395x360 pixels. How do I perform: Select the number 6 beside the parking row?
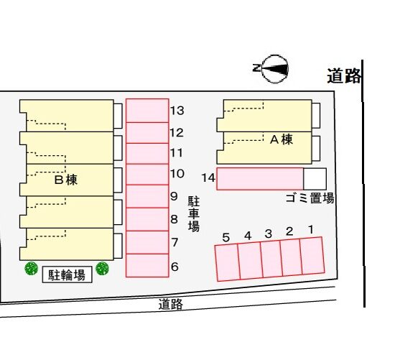click(x=175, y=267)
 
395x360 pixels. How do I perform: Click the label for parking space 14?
click(x=208, y=177)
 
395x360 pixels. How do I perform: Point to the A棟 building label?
click(x=282, y=139)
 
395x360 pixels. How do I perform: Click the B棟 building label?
click(x=66, y=180)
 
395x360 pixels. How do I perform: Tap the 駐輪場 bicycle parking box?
click(x=67, y=274)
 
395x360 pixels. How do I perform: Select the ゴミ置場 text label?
click(x=310, y=198)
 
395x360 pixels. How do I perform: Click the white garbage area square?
click(x=315, y=179)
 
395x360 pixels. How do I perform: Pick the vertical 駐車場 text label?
click(x=194, y=214)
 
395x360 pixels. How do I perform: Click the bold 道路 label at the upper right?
click(x=344, y=76)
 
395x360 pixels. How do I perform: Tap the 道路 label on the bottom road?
click(x=170, y=304)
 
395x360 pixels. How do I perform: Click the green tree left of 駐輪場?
click(x=32, y=269)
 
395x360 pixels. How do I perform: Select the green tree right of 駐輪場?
click(x=102, y=269)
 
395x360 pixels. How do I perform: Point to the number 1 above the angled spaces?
click(x=311, y=230)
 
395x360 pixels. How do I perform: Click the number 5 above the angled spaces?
click(x=226, y=237)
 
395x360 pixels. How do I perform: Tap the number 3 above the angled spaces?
click(x=269, y=234)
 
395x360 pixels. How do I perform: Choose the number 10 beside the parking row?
click(x=177, y=174)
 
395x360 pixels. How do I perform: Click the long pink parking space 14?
click(x=260, y=179)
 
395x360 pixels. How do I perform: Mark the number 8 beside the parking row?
click(x=174, y=219)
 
